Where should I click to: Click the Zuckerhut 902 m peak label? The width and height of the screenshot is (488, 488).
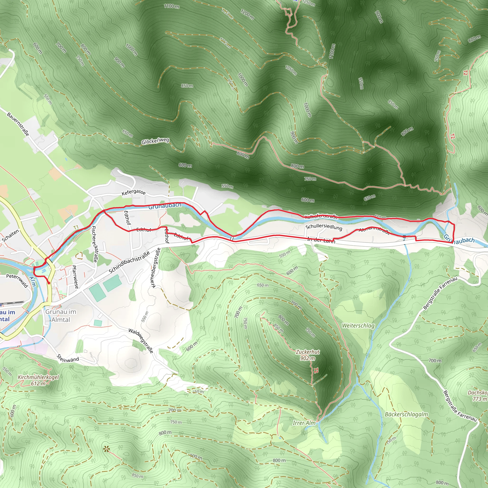[x=308, y=355]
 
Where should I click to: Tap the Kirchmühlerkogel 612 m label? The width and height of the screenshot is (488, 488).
[x=38, y=380]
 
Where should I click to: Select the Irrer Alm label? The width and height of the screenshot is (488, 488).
[x=304, y=423]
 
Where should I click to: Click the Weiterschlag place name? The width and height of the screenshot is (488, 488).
[x=358, y=325]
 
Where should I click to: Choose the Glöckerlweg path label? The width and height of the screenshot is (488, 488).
[x=155, y=141]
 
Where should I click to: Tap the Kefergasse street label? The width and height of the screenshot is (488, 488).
[x=133, y=193]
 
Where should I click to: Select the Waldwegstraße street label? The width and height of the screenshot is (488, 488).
[x=141, y=341]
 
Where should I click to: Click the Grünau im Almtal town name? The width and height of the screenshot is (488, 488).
[x=61, y=315]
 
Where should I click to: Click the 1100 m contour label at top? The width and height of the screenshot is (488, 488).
[x=172, y=6]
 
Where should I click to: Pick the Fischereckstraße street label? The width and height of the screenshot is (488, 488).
[x=94, y=244]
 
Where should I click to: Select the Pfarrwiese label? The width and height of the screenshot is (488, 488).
[x=75, y=277]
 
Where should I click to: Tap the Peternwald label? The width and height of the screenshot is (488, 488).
[x=17, y=280]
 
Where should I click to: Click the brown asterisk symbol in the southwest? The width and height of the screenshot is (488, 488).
[x=106, y=449]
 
